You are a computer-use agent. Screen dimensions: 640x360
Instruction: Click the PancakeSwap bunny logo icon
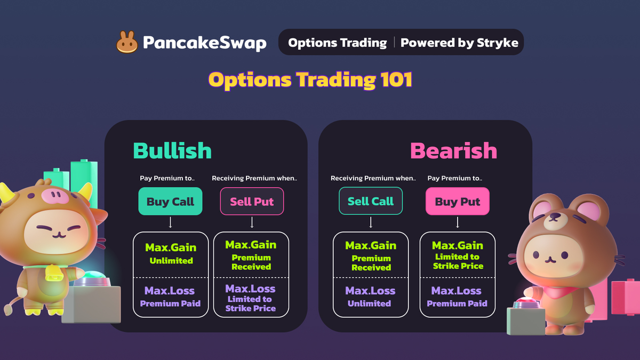(x=127, y=42)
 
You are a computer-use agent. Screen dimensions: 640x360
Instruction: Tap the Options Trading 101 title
(x=310, y=79)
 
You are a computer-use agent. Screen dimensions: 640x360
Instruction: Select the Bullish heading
(x=172, y=150)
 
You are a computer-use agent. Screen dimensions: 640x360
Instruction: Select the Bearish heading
(x=454, y=150)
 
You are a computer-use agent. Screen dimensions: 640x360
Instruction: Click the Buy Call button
(x=170, y=201)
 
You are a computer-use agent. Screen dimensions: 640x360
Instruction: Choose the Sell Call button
(x=371, y=201)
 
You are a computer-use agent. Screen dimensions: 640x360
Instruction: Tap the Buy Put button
(x=458, y=201)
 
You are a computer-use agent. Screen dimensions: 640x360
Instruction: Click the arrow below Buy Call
(x=170, y=222)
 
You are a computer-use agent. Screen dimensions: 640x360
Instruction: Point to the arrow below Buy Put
(x=458, y=222)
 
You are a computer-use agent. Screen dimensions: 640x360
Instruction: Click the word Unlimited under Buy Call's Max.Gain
(x=171, y=261)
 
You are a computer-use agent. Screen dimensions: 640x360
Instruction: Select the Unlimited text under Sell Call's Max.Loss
(x=369, y=303)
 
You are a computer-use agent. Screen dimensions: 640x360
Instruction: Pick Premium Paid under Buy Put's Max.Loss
(x=457, y=303)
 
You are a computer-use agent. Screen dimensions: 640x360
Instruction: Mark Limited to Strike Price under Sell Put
(x=250, y=303)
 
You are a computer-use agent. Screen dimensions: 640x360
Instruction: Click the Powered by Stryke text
(x=459, y=43)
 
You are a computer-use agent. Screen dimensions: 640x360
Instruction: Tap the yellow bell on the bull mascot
(x=53, y=274)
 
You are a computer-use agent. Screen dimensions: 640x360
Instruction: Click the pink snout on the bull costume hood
(x=54, y=195)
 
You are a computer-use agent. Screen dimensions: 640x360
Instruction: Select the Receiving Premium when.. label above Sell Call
(x=373, y=178)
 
